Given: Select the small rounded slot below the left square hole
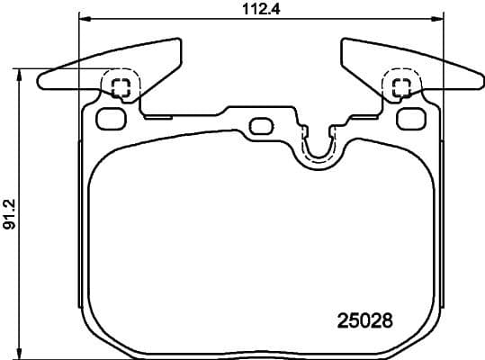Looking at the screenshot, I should (x=109, y=117).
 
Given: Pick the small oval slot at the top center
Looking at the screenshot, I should (x=262, y=125).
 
